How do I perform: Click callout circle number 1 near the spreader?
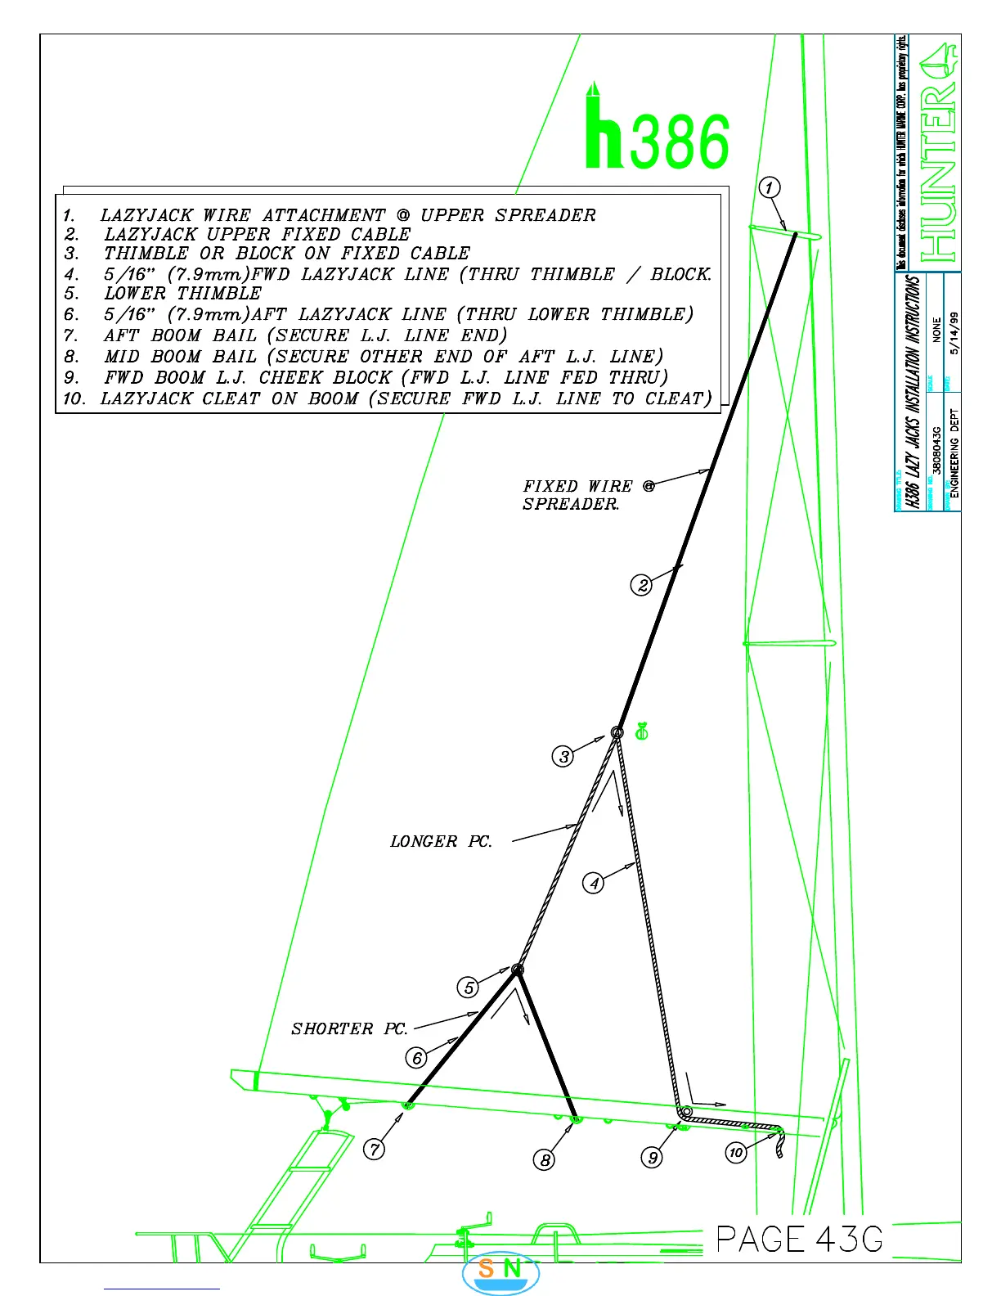pos(769,188)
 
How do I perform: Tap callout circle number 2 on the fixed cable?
pos(643,585)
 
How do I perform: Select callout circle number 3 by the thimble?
pos(563,757)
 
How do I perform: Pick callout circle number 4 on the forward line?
pos(594,883)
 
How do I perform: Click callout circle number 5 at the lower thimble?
pos(468,988)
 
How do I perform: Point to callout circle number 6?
pos(417,1058)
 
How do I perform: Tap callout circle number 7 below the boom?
pos(374,1149)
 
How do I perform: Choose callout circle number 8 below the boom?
pos(545,1159)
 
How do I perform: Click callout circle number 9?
pos(652,1157)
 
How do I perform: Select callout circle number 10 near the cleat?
pos(736,1153)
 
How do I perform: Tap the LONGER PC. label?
pos(442,841)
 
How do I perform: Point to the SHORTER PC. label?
pos(349,1028)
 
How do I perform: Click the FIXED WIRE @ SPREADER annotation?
pos(587,495)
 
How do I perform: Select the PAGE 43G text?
pos(800,1239)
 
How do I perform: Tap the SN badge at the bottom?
pos(500,1271)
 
